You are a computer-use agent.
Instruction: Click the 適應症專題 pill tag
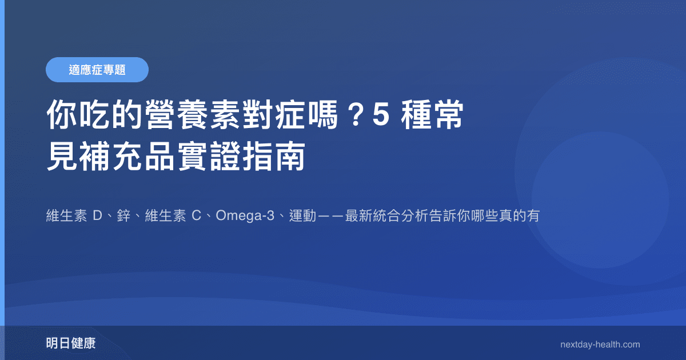point(97,70)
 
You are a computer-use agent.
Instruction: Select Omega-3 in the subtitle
point(244,217)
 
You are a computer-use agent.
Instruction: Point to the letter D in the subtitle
point(97,217)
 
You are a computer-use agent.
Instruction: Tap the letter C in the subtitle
point(196,217)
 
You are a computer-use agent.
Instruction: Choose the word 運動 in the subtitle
point(303,217)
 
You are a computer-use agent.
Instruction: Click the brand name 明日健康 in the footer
point(71,344)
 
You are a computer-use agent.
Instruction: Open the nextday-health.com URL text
point(600,345)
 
